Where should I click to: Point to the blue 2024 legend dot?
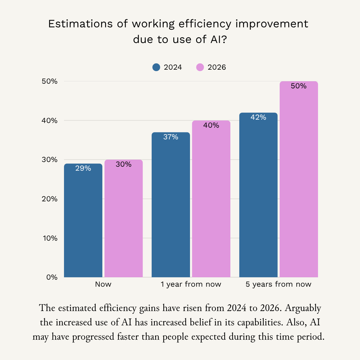[x=156, y=67]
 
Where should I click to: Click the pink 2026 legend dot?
[x=200, y=67]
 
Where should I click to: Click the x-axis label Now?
[x=103, y=284]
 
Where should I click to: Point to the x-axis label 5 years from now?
[x=278, y=284]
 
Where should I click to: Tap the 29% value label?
[x=83, y=168]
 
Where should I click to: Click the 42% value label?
[x=258, y=117]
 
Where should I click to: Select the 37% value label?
[x=171, y=137]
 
